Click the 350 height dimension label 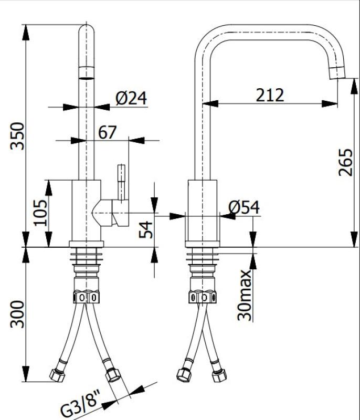(17, 136)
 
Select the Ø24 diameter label (131, 98)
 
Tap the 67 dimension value (107, 132)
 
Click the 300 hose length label (17, 314)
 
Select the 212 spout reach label (270, 95)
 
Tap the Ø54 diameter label (244, 208)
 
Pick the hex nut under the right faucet (203, 297)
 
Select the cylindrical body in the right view (203, 210)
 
